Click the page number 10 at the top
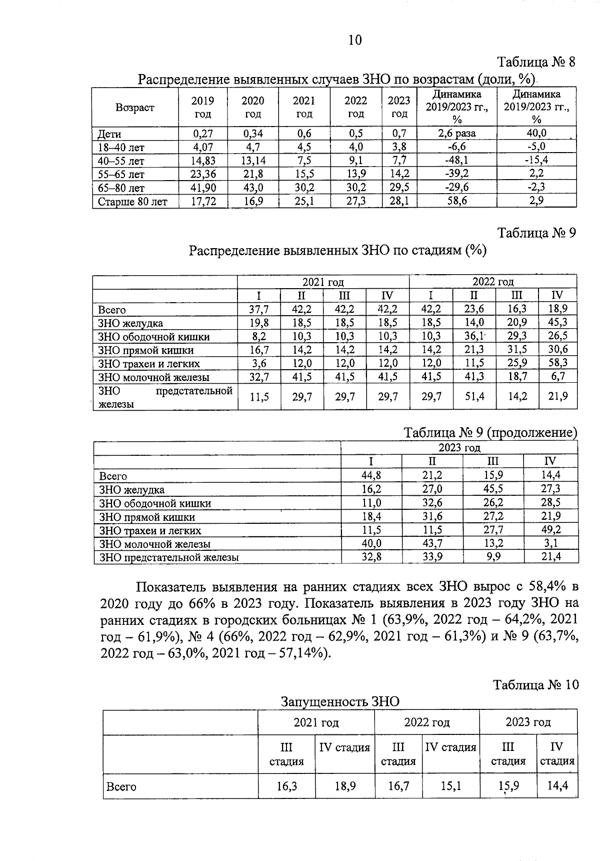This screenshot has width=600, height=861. coord(354,40)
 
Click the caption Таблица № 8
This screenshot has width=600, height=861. coord(536,62)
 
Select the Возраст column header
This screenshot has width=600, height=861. coord(135,108)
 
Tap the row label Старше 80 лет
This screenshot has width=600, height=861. coord(132,202)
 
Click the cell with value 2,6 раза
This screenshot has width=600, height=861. coord(456,134)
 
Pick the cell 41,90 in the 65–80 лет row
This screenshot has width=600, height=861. coord(203,188)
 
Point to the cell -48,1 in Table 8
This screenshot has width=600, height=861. coord(456,161)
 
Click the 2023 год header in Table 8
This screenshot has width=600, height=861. coord(399,107)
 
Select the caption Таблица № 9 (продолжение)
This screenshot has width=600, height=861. coord(490,432)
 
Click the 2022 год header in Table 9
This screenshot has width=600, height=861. coord(493,282)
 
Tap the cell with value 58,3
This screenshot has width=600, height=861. coord(558,363)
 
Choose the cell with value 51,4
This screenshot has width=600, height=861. coord(474,396)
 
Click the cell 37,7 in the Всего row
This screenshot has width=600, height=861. coord(259,309)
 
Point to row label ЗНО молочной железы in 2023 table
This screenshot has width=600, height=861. coord(155,544)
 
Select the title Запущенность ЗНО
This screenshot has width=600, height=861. coord(340,701)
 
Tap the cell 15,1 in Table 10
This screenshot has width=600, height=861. coord(450,786)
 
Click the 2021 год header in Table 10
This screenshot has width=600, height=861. coord(316,722)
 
